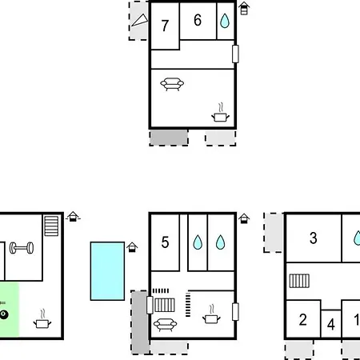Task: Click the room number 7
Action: (x=165, y=26)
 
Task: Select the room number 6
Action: (x=198, y=20)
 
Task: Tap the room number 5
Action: (x=165, y=242)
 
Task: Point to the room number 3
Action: (x=314, y=238)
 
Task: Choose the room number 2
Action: (x=302, y=320)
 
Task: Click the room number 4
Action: (x=331, y=325)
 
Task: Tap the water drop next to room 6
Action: (x=225, y=21)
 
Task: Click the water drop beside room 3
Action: (x=357, y=238)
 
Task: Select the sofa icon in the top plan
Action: (x=172, y=84)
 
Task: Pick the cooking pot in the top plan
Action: (x=220, y=113)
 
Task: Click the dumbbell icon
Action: (x=22, y=248)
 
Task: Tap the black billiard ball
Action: (x=4, y=314)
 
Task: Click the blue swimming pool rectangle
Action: (x=107, y=271)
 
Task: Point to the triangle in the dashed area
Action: (x=140, y=20)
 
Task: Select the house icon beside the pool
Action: (x=132, y=247)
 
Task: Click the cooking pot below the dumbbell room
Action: (x=42, y=319)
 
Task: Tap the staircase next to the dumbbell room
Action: (x=51, y=226)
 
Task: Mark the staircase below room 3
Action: (x=299, y=281)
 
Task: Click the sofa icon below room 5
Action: (x=165, y=325)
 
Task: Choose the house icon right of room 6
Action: (x=244, y=8)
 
